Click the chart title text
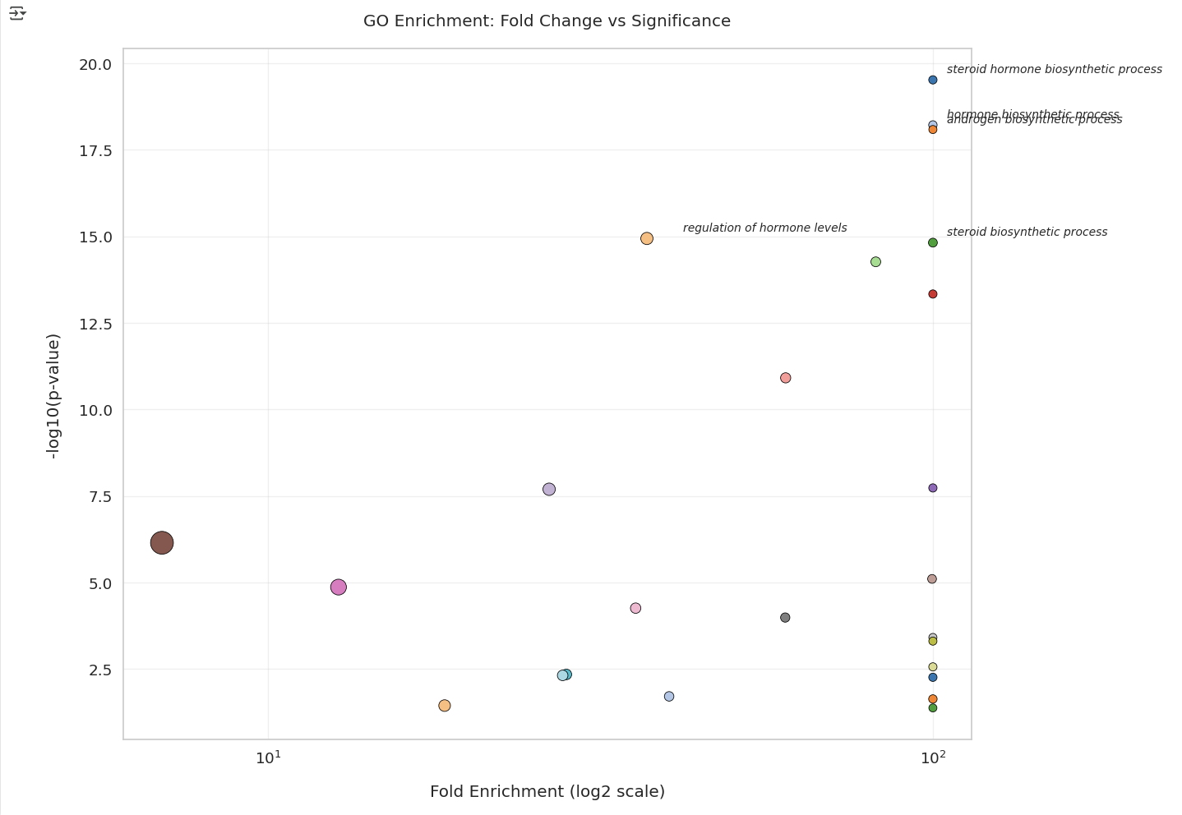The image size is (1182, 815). (547, 21)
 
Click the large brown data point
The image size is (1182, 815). (162, 542)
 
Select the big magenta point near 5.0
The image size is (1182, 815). (338, 587)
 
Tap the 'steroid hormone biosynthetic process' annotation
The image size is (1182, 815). (1054, 70)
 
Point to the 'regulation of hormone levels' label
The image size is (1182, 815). (764, 228)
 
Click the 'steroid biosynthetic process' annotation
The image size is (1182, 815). (1027, 233)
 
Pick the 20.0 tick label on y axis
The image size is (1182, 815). (95, 64)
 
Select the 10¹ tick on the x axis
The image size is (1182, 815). (268, 757)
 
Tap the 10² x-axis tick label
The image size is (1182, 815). (932, 757)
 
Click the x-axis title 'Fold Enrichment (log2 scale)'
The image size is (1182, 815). (547, 792)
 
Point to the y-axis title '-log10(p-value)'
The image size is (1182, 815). (53, 396)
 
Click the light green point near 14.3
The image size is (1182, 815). (875, 262)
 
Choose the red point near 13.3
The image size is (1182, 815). (932, 294)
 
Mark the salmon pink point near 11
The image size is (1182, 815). (785, 378)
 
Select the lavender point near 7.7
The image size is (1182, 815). (549, 490)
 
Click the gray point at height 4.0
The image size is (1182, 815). (785, 618)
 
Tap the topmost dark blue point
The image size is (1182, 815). (932, 80)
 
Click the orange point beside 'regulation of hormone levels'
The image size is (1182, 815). (647, 238)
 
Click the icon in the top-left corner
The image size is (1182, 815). (17, 13)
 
